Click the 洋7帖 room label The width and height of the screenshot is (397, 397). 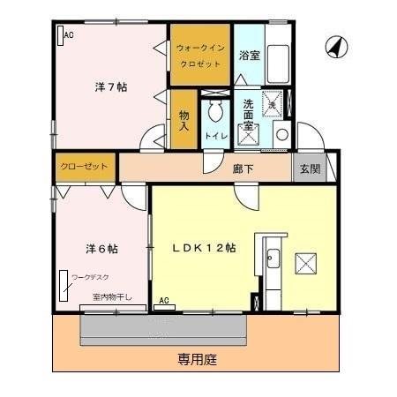(110, 87)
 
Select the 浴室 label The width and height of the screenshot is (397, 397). (249, 55)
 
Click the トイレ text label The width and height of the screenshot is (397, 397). (216, 136)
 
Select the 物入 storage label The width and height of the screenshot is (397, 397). (184, 121)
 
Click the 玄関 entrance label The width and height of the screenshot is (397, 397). (310, 167)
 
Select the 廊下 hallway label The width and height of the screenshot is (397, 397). (244, 167)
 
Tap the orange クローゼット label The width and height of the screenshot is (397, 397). (85, 166)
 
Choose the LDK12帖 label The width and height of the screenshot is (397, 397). (204, 248)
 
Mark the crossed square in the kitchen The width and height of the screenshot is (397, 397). (305, 263)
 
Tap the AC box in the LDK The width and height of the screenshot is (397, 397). (164, 302)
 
